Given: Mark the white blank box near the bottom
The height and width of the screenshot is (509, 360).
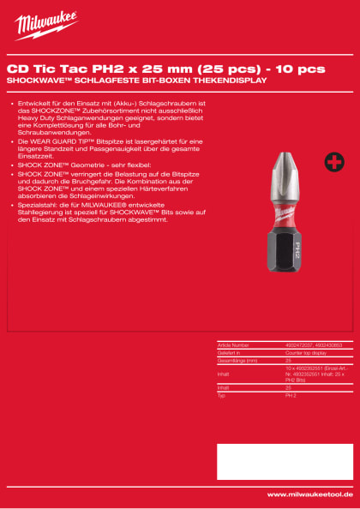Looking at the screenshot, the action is [x=285, y=460].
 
